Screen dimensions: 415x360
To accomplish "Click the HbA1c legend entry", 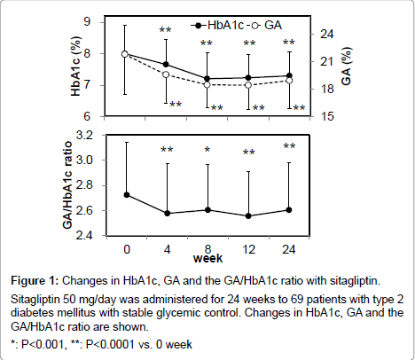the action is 217,25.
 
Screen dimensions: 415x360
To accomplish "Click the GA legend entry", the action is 264,25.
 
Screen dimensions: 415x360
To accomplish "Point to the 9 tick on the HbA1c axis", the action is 87,21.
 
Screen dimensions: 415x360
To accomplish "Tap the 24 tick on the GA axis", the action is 326,35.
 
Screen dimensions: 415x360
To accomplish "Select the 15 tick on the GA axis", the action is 326,116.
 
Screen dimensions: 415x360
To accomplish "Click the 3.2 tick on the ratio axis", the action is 84,136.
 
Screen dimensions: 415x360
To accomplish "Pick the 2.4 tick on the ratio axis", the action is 84,236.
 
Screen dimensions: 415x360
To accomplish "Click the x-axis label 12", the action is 248,250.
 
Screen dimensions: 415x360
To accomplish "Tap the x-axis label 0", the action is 127,250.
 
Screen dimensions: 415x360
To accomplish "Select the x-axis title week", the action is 207,258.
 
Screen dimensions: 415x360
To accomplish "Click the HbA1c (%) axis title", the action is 76,67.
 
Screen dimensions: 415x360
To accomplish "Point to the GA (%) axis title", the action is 347,67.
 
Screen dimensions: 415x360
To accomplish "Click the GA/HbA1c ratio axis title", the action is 67,185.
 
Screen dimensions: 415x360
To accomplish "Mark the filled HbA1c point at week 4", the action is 166,65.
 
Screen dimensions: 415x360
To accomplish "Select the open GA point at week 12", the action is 248,85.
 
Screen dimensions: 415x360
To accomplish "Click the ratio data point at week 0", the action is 127,195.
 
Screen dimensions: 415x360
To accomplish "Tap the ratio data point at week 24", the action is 289,210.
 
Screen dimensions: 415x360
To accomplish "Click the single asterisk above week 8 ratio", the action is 207,150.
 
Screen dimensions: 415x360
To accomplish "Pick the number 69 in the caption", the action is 297,300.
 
